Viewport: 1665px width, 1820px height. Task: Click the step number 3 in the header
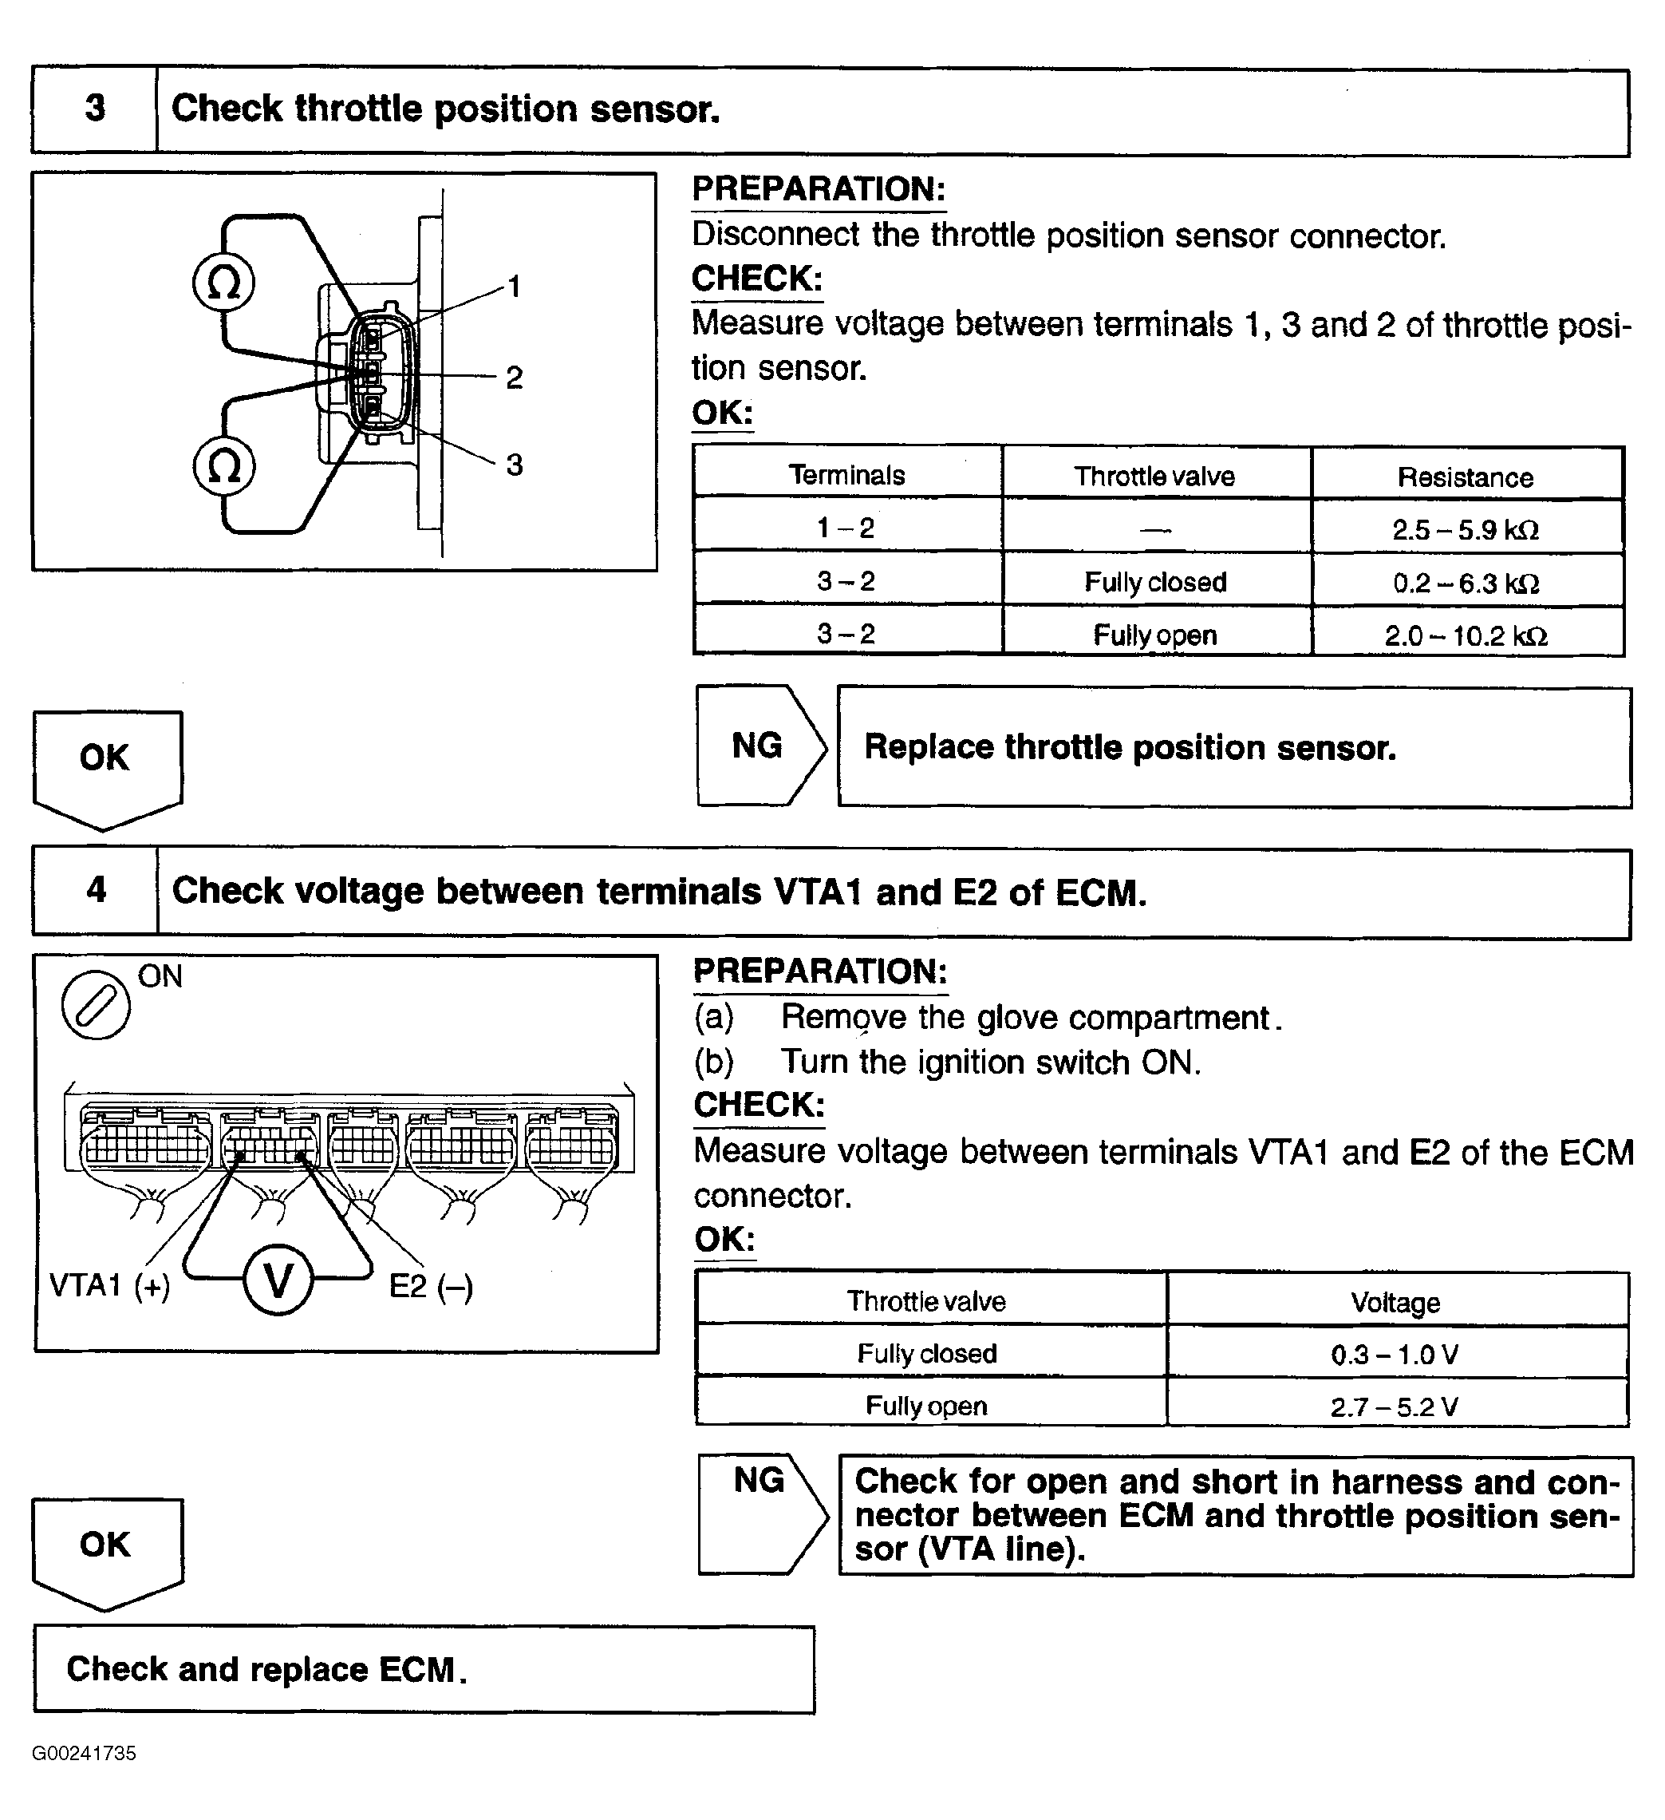[95, 109]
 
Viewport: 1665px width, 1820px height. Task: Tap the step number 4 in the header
[96, 890]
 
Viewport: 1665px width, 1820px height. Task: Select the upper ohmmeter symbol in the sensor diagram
[224, 283]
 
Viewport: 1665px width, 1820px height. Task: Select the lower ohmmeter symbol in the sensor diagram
[224, 467]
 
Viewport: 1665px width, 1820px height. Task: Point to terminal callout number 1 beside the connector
[514, 287]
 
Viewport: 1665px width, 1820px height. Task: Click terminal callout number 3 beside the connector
[514, 465]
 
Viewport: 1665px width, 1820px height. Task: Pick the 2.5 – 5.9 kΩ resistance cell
[1466, 529]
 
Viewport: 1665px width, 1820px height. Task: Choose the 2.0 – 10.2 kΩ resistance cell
[1466, 635]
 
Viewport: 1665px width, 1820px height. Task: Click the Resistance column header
[1466, 477]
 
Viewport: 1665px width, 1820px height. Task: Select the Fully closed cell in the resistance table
[1155, 582]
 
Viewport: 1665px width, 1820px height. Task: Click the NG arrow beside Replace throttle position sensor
[760, 746]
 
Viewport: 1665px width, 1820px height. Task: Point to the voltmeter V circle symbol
[278, 1280]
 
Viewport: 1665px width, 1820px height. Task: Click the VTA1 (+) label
[109, 1285]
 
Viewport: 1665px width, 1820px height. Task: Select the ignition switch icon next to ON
[96, 1005]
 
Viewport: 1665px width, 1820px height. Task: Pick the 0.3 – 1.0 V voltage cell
[1395, 1354]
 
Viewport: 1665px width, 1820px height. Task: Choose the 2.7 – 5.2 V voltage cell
[1395, 1407]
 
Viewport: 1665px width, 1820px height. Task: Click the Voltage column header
[1395, 1302]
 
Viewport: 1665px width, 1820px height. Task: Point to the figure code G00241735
[84, 1753]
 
